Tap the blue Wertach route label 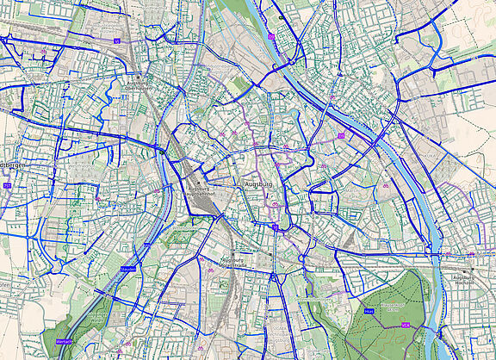point(65,341)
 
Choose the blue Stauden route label point(129,270)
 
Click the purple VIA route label point(405,326)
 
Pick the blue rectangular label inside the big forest point(369,310)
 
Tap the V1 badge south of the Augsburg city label point(274,227)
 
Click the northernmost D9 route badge point(272,36)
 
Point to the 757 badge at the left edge point(7,185)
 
